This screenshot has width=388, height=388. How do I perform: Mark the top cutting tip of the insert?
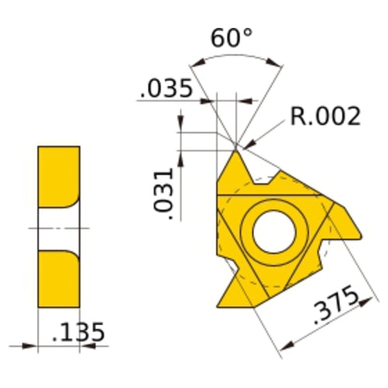click(236, 149)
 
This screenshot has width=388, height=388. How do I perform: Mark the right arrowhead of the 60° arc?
click(279, 64)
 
